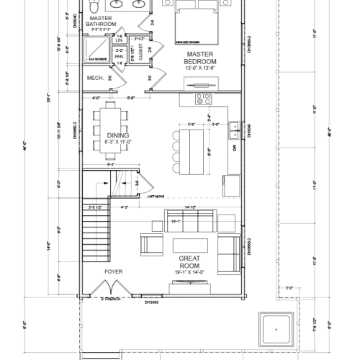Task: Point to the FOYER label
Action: (114, 271)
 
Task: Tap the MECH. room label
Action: (96, 77)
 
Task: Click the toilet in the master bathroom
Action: (94, 6)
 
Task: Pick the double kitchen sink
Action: (235, 131)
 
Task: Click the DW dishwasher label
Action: (234, 148)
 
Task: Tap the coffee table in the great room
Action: (189, 243)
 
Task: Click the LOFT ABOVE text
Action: (156, 196)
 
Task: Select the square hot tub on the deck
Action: (276, 329)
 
